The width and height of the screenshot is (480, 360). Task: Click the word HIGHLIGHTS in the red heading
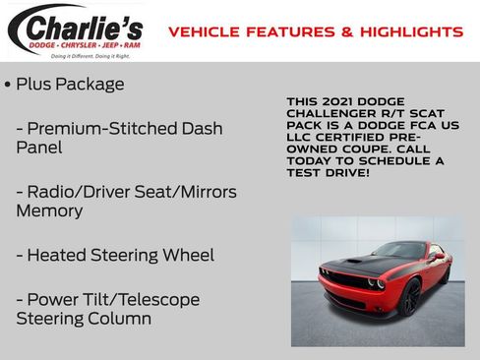[x=412, y=32]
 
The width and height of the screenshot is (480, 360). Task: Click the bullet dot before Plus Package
[x=8, y=85]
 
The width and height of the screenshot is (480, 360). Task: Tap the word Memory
[x=48, y=211]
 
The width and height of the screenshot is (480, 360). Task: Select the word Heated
[x=57, y=256]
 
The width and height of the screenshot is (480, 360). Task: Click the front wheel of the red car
[x=409, y=297]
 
